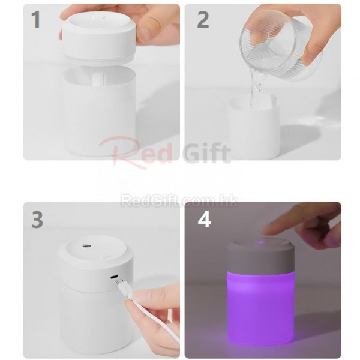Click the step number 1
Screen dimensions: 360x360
(x=36, y=20)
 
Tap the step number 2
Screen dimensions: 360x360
(x=203, y=20)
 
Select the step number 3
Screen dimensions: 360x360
(x=37, y=220)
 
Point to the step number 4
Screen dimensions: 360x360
(x=205, y=220)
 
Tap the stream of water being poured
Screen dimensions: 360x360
(x=257, y=89)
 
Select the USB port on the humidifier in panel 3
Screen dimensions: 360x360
(x=114, y=277)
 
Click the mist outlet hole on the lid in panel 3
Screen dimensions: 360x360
(x=86, y=246)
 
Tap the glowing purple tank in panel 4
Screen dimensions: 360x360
(x=260, y=312)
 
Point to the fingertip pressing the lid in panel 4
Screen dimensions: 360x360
(x=264, y=230)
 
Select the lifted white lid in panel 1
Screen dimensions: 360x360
(x=99, y=36)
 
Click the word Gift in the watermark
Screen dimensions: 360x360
(x=206, y=152)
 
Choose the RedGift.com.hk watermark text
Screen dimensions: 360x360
(x=179, y=200)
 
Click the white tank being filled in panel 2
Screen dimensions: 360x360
(x=254, y=127)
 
